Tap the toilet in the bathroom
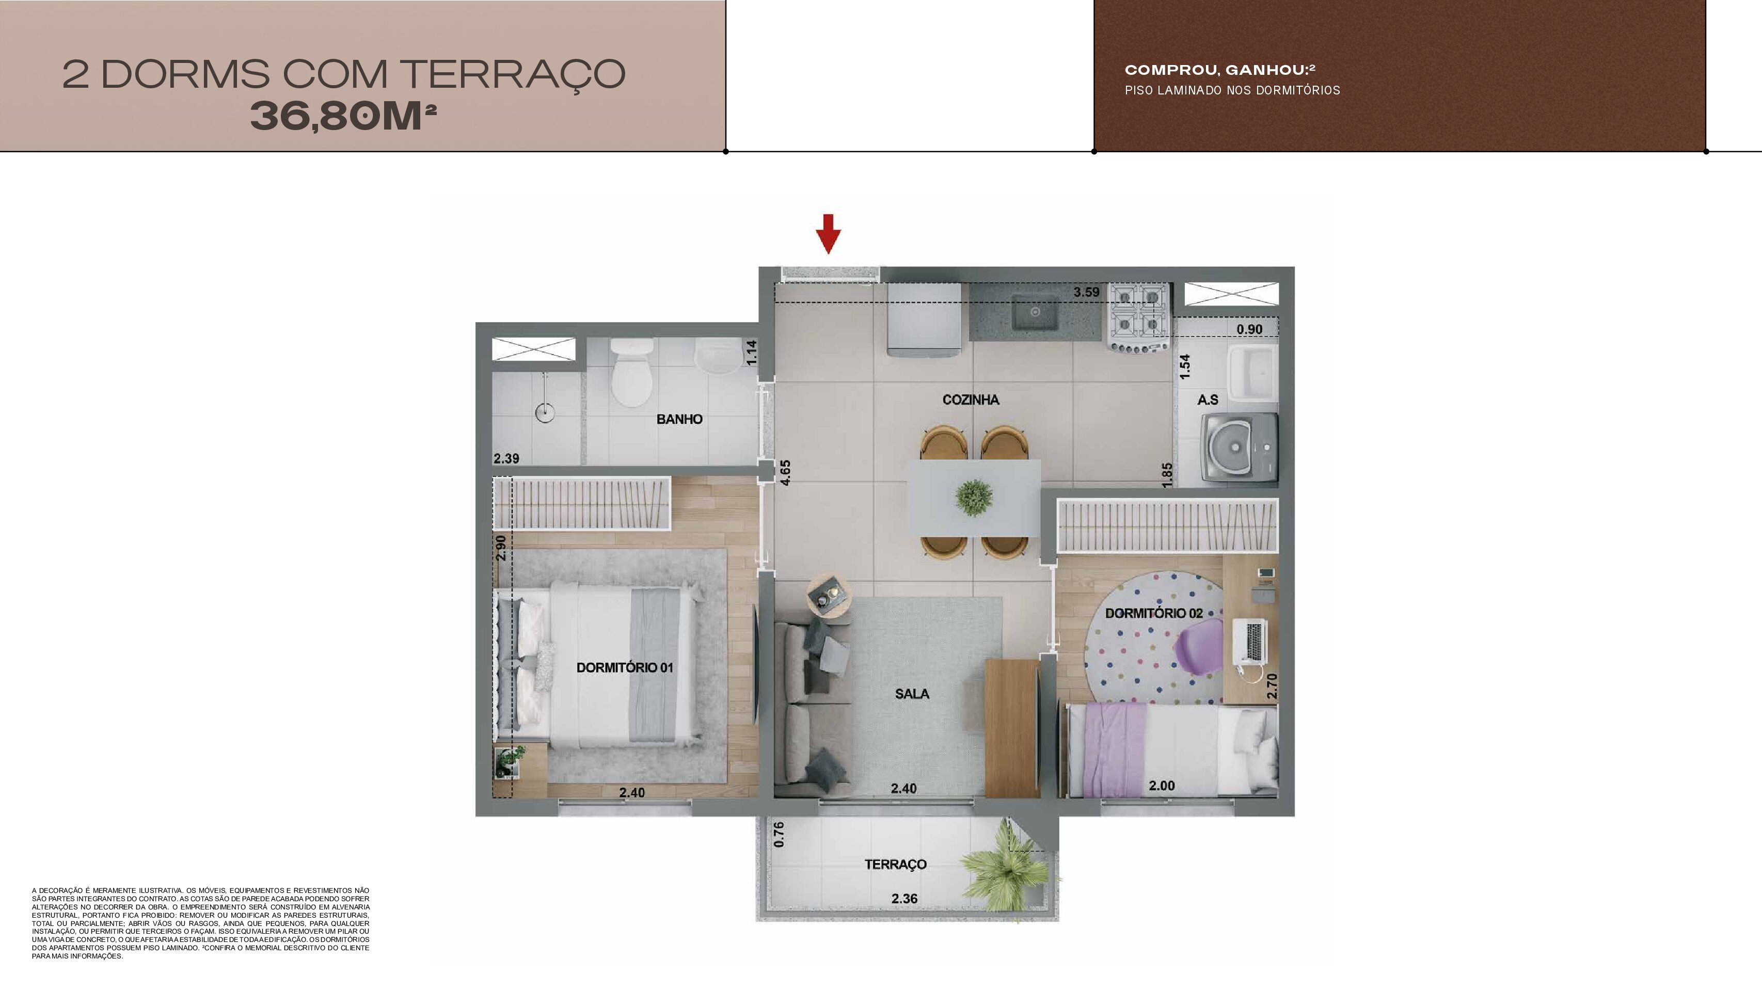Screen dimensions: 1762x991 coord(631,372)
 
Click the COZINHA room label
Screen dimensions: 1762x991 coord(971,399)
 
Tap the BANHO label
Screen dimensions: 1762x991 coord(679,419)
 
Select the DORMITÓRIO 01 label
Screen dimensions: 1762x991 coord(625,667)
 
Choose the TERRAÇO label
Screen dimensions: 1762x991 coord(895,865)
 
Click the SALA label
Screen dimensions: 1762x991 coord(912,694)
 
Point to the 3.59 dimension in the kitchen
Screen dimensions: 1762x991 coord(1086,292)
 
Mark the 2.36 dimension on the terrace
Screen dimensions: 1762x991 coord(904,899)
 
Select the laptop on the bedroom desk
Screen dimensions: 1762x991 coord(1250,641)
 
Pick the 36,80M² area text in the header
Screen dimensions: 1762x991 coord(343,116)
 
